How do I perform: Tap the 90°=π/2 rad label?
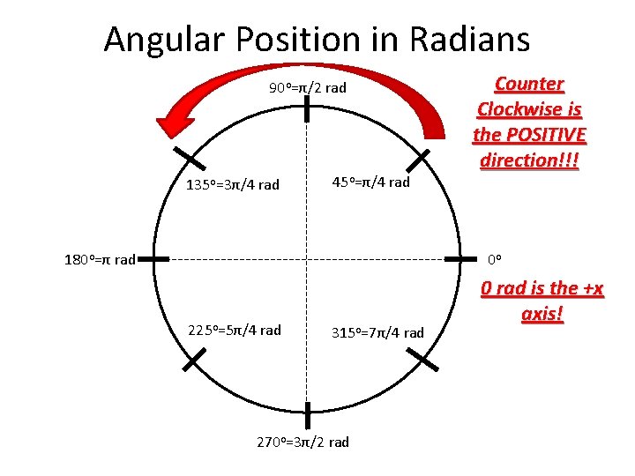coord(308,87)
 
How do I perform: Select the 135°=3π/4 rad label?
coord(233,184)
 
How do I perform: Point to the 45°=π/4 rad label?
coord(370,182)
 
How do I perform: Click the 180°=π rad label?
coord(100,259)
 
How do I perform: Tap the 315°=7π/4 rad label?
coord(377,332)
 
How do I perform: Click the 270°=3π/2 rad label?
coord(303,442)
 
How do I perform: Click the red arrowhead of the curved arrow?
coord(176,120)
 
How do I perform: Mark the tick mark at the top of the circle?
coord(307,109)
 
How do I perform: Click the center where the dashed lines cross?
coord(307,259)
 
